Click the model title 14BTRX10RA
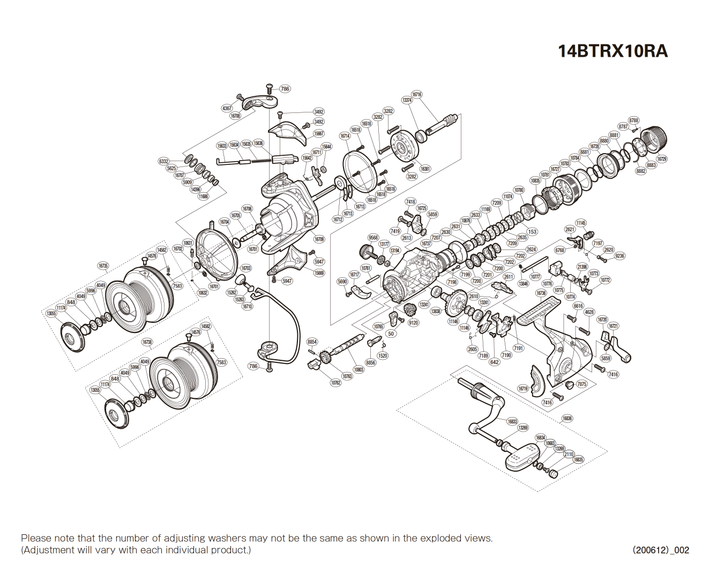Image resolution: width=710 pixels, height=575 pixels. (612, 51)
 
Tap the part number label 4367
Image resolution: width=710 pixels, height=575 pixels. (227, 108)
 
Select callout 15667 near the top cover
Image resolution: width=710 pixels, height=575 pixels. (319, 134)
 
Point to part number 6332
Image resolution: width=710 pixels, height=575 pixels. (164, 161)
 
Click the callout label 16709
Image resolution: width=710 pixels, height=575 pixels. (319, 239)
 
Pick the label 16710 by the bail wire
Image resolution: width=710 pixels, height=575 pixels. (247, 307)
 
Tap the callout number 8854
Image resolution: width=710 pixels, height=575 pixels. (312, 342)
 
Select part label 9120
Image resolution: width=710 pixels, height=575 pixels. (413, 323)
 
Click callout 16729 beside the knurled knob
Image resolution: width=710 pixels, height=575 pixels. (662, 159)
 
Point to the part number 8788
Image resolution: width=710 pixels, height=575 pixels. (634, 120)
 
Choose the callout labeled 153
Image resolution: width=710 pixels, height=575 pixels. (532, 232)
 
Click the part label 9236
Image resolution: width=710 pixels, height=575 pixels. (619, 256)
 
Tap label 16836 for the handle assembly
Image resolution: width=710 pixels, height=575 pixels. (567, 419)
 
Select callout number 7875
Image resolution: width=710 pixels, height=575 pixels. (581, 384)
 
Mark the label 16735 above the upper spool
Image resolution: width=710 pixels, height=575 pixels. (103, 266)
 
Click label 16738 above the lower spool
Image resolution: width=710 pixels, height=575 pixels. (147, 342)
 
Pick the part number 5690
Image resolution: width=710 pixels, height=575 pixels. (342, 282)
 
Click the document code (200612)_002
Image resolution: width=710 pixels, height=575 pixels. (661, 550)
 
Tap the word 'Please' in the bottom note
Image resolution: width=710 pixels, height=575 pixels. (36, 538)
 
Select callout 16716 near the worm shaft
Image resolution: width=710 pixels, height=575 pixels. (416, 95)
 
